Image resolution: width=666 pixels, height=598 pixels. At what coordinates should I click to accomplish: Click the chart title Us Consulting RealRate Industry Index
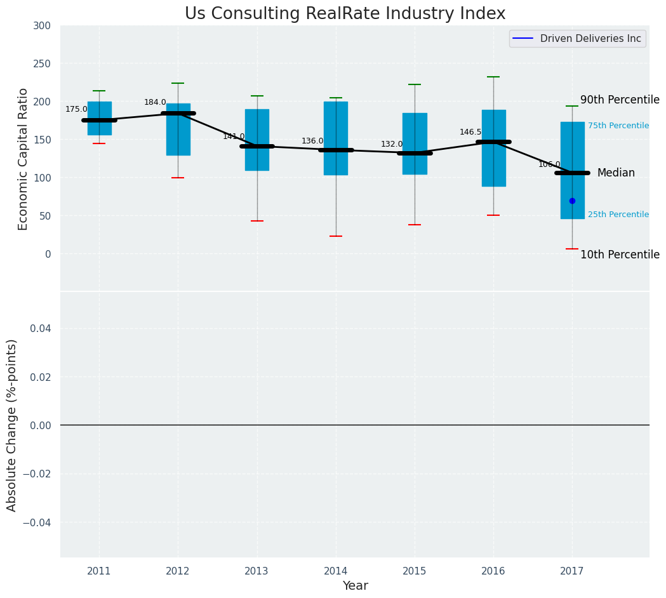click(345, 14)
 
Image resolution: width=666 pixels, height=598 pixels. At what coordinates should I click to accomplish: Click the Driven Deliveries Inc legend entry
click(577, 39)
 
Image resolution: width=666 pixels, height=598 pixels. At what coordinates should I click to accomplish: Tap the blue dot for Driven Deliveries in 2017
click(572, 201)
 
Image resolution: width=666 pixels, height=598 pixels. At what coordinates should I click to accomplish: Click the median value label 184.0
click(155, 102)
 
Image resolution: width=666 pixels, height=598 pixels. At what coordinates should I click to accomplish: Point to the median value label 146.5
click(470, 132)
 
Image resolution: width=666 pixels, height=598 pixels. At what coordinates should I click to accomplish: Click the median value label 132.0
click(392, 144)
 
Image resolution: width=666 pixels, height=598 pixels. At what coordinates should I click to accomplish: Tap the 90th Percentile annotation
click(620, 100)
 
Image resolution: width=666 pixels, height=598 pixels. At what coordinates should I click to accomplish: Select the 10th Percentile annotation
click(620, 255)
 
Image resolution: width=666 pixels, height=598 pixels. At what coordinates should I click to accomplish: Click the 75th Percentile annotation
click(618, 126)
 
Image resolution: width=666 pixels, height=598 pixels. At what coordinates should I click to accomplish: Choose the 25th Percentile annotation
click(618, 215)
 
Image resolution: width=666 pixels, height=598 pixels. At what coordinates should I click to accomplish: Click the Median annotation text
click(616, 173)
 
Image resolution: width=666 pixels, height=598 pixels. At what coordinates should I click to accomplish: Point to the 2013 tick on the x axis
click(256, 571)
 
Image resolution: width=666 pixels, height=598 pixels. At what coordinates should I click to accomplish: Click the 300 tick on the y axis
click(43, 25)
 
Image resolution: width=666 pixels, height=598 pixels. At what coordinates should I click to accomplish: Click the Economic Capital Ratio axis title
click(23, 159)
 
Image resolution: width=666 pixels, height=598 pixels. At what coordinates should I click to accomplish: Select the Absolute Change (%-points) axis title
click(12, 425)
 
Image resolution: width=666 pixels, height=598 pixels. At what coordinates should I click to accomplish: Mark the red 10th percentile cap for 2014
click(336, 236)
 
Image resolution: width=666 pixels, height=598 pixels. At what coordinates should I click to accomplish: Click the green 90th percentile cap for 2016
click(493, 77)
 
